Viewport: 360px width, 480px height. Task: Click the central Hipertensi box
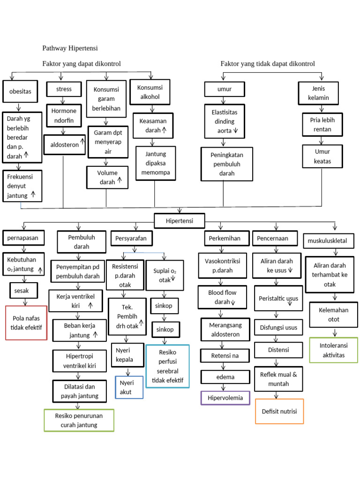(179, 220)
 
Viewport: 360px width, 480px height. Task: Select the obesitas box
(20, 91)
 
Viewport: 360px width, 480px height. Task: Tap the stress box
(64, 89)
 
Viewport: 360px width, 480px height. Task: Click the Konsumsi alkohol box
(150, 92)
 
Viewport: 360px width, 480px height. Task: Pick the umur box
(225, 89)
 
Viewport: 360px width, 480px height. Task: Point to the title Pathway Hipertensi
(70, 48)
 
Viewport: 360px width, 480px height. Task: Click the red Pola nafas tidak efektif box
(26, 322)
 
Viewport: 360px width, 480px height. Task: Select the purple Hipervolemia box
(225, 398)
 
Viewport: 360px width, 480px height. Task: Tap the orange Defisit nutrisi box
(279, 412)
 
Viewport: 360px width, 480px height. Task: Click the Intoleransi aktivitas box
(333, 350)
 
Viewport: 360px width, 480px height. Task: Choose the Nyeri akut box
(129, 387)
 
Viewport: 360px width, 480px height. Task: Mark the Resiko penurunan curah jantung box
(78, 420)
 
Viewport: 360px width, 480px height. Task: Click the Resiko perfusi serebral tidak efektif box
(167, 366)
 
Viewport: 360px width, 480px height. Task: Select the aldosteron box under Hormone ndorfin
(65, 145)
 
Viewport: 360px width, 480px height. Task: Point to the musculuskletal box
(330, 241)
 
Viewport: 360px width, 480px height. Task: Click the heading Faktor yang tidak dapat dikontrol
(268, 63)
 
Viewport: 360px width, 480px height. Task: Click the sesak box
(21, 291)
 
